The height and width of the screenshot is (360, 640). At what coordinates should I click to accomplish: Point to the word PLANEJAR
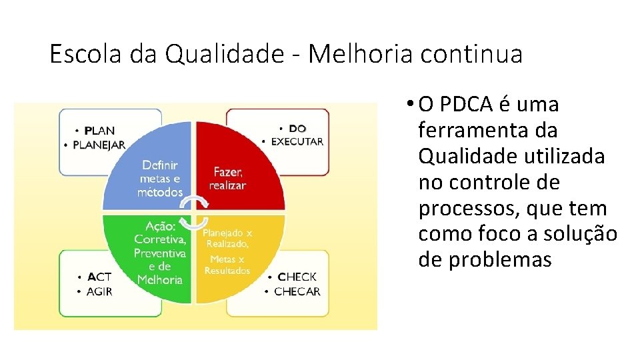point(99,145)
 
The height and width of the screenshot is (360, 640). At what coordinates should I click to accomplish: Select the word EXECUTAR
point(297,141)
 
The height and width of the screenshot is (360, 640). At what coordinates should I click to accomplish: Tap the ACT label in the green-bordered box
point(99,277)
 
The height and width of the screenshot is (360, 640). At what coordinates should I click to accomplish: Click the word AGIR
point(100,291)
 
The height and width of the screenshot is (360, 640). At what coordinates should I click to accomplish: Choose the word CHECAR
point(297,291)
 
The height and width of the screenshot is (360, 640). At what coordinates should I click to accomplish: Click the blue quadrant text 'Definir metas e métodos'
point(160,178)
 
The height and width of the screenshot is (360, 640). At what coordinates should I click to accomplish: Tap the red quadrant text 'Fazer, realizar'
point(227,178)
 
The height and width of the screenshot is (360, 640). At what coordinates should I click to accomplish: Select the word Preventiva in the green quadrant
point(160,253)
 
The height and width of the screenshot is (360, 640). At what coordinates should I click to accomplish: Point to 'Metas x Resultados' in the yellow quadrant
point(227,265)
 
